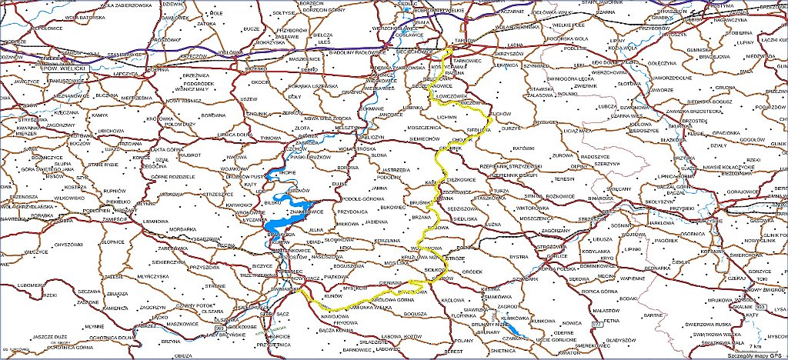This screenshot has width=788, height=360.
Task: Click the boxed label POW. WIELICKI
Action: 63,68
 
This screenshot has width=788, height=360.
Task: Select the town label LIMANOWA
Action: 155,222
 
